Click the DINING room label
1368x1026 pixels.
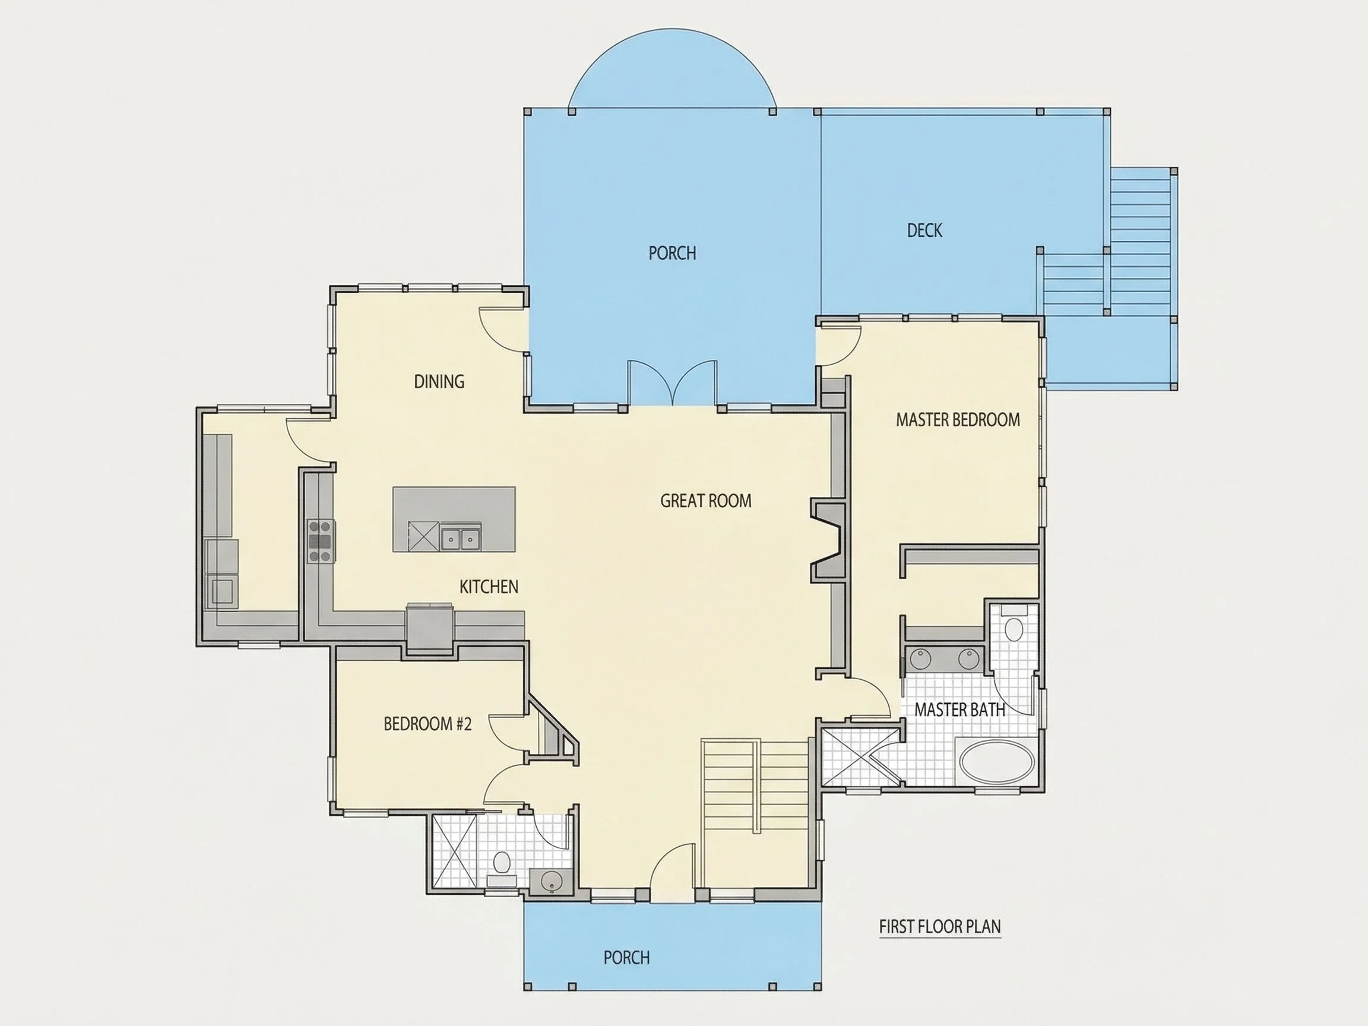click(x=439, y=382)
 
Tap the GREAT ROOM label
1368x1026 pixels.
click(x=705, y=501)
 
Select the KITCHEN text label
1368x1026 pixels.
click(x=489, y=586)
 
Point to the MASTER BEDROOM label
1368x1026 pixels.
click(x=958, y=420)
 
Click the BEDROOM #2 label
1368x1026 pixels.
click(x=427, y=724)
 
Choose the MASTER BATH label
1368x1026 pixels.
click(x=960, y=710)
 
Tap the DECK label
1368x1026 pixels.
click(x=924, y=231)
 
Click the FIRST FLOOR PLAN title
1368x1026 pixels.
click(x=940, y=926)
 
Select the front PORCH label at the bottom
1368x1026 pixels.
click(x=626, y=957)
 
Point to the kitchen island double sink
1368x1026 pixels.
click(x=461, y=537)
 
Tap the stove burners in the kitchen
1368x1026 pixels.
click(x=321, y=541)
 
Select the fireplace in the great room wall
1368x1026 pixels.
click(x=828, y=541)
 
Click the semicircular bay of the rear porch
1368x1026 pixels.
click(x=672, y=69)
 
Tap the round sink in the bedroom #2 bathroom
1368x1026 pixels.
click(x=550, y=881)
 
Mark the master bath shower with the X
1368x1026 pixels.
click(x=861, y=758)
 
